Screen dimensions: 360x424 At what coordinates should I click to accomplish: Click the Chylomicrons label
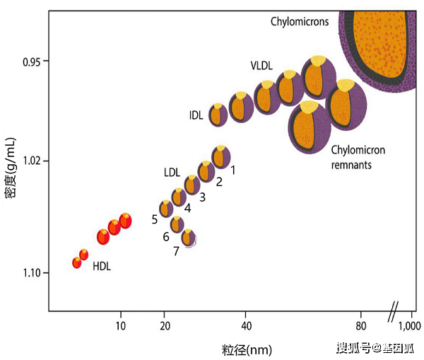(x=300, y=22)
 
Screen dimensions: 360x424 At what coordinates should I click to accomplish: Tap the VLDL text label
(x=262, y=65)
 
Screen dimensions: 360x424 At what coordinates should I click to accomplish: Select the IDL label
(x=196, y=115)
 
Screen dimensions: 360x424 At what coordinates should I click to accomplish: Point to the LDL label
(x=172, y=172)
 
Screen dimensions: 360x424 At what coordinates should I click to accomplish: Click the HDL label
(x=102, y=267)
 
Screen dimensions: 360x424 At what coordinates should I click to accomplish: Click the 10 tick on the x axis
(x=121, y=325)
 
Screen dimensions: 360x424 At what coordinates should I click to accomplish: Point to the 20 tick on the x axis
(x=165, y=325)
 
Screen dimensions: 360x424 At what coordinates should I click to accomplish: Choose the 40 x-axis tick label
(x=246, y=325)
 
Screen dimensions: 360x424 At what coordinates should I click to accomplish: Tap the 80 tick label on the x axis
(x=360, y=325)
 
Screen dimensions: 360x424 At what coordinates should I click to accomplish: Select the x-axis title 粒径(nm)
(x=245, y=349)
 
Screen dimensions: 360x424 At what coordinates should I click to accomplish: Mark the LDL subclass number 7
(x=176, y=251)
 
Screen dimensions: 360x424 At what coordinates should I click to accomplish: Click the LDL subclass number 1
(x=232, y=170)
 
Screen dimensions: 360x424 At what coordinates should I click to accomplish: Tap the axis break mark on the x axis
(x=393, y=310)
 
